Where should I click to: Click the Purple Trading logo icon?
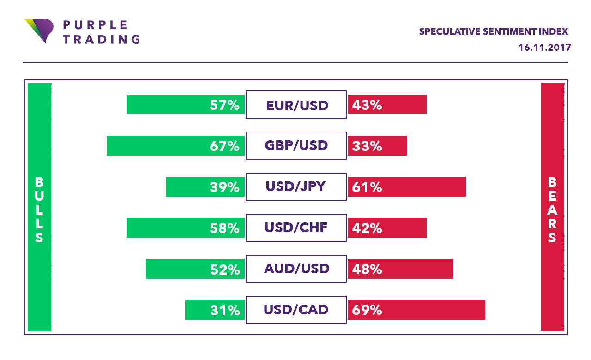coord(38,30)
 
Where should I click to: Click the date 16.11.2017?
coord(544,48)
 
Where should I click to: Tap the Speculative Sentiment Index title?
coord(493,31)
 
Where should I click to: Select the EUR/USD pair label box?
coord(296,105)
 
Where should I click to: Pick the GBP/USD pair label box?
coord(296,146)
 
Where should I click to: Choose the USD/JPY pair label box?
coord(296,187)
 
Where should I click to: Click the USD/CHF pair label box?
coord(296,228)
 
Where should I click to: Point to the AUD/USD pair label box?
coord(296,269)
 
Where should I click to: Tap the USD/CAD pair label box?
coord(296,310)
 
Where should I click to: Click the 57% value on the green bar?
coord(224,105)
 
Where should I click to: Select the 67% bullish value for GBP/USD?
coord(224,146)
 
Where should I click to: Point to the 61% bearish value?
coord(367,187)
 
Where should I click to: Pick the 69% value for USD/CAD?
coord(367,310)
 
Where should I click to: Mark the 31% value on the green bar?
coord(224,310)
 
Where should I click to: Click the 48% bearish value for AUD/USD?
coord(367,269)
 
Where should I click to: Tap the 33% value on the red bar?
coord(367,146)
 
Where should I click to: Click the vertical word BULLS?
coord(39,210)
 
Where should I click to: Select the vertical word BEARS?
coord(552,210)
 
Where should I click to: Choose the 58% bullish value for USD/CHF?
coord(224,228)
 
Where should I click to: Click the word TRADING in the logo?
coord(101,39)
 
